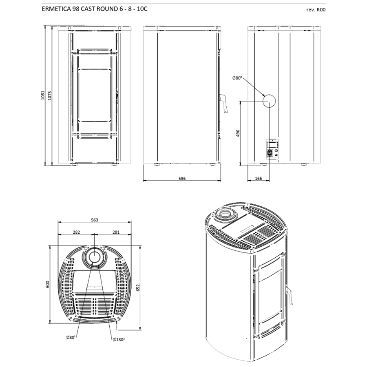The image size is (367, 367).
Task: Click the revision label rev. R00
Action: [x=316, y=10]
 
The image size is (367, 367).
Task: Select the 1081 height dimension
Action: [x=42, y=95]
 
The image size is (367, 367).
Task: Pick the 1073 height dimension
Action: [x=50, y=95]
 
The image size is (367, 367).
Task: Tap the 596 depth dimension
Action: [x=182, y=179]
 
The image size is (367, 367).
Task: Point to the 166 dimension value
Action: [x=259, y=179]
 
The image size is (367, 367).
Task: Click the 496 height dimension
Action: [x=238, y=133]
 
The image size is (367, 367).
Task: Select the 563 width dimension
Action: [x=94, y=220]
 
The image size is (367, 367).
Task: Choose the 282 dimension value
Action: [x=76, y=232]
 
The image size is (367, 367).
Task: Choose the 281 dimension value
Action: [x=116, y=232]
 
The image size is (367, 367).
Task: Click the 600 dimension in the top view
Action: [x=48, y=284]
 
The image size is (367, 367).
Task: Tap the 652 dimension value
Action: [x=138, y=287]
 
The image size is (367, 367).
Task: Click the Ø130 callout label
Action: [x=118, y=339]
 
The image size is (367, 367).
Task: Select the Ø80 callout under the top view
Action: [x=71, y=338]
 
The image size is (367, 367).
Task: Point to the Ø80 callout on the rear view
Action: [x=237, y=78]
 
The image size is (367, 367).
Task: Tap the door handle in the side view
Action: [x=224, y=104]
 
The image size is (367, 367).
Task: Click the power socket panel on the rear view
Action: [x=272, y=149]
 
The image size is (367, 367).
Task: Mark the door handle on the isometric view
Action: [x=290, y=296]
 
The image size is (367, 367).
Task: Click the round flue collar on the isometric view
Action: [x=226, y=214]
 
